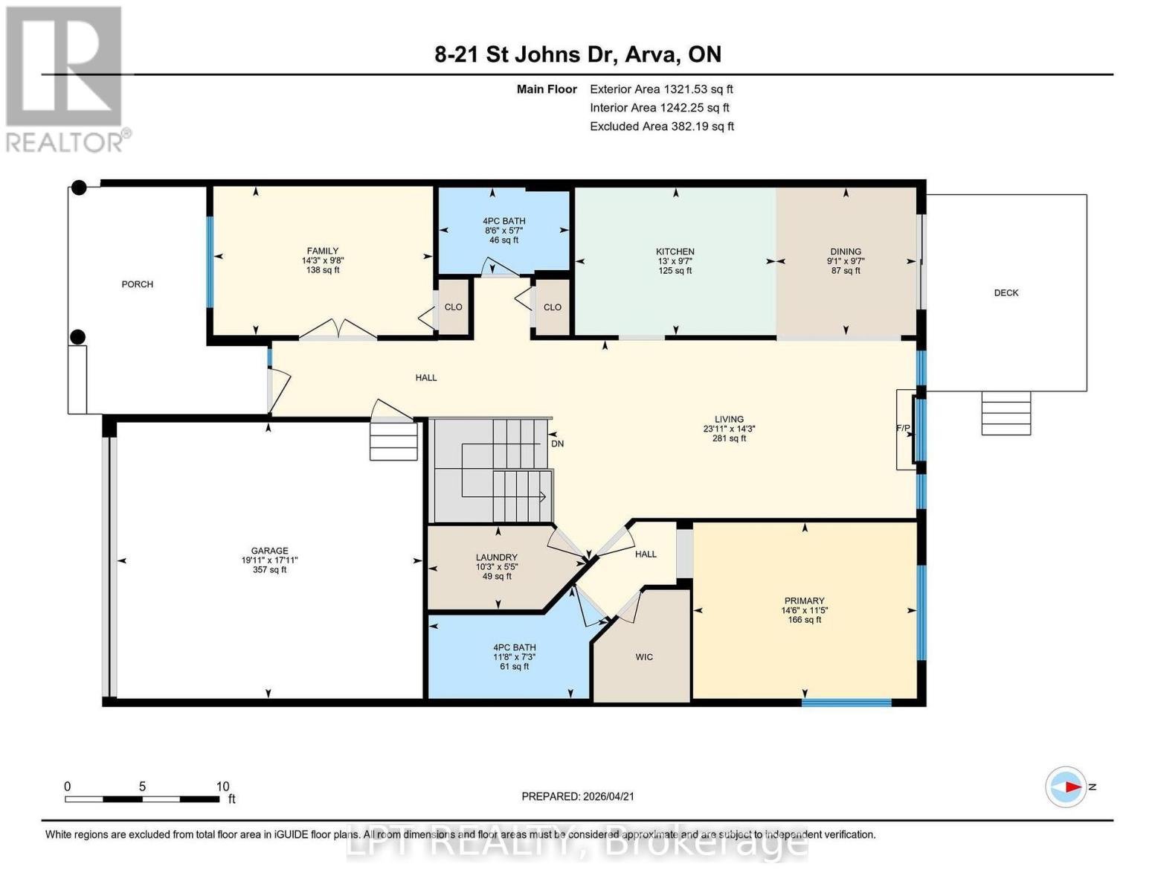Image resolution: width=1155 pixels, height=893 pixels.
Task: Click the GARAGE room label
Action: (x=269, y=551)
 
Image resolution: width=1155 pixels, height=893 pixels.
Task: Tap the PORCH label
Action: (x=138, y=284)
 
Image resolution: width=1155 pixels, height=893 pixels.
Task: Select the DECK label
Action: (x=1006, y=292)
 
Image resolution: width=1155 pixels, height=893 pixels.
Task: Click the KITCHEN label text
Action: (x=675, y=252)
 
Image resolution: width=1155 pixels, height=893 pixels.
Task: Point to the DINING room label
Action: (x=846, y=252)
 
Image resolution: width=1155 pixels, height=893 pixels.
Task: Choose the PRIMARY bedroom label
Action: (x=804, y=601)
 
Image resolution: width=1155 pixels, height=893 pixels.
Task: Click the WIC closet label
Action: (x=644, y=656)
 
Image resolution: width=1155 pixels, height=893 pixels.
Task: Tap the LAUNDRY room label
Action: (x=496, y=557)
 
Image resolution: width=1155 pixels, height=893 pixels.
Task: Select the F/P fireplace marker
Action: (x=903, y=429)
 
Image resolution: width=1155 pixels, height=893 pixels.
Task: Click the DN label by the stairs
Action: (x=557, y=444)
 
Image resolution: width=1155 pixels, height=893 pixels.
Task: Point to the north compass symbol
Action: (x=1067, y=787)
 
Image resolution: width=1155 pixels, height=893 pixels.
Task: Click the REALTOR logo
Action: (x=65, y=78)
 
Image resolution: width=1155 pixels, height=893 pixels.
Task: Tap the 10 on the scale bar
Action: (x=222, y=787)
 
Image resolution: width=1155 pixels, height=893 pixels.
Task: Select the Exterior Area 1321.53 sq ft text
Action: (x=661, y=89)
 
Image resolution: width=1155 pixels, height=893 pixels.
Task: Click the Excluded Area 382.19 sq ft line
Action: (x=661, y=127)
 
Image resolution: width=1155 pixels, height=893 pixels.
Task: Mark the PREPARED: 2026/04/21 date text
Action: (x=578, y=796)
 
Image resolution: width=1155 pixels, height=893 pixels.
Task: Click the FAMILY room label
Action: (x=323, y=251)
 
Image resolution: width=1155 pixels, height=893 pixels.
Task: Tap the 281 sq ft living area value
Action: (x=729, y=438)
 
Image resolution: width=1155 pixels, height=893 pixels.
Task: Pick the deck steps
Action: (x=1006, y=413)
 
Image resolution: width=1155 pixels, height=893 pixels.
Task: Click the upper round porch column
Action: (x=79, y=188)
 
